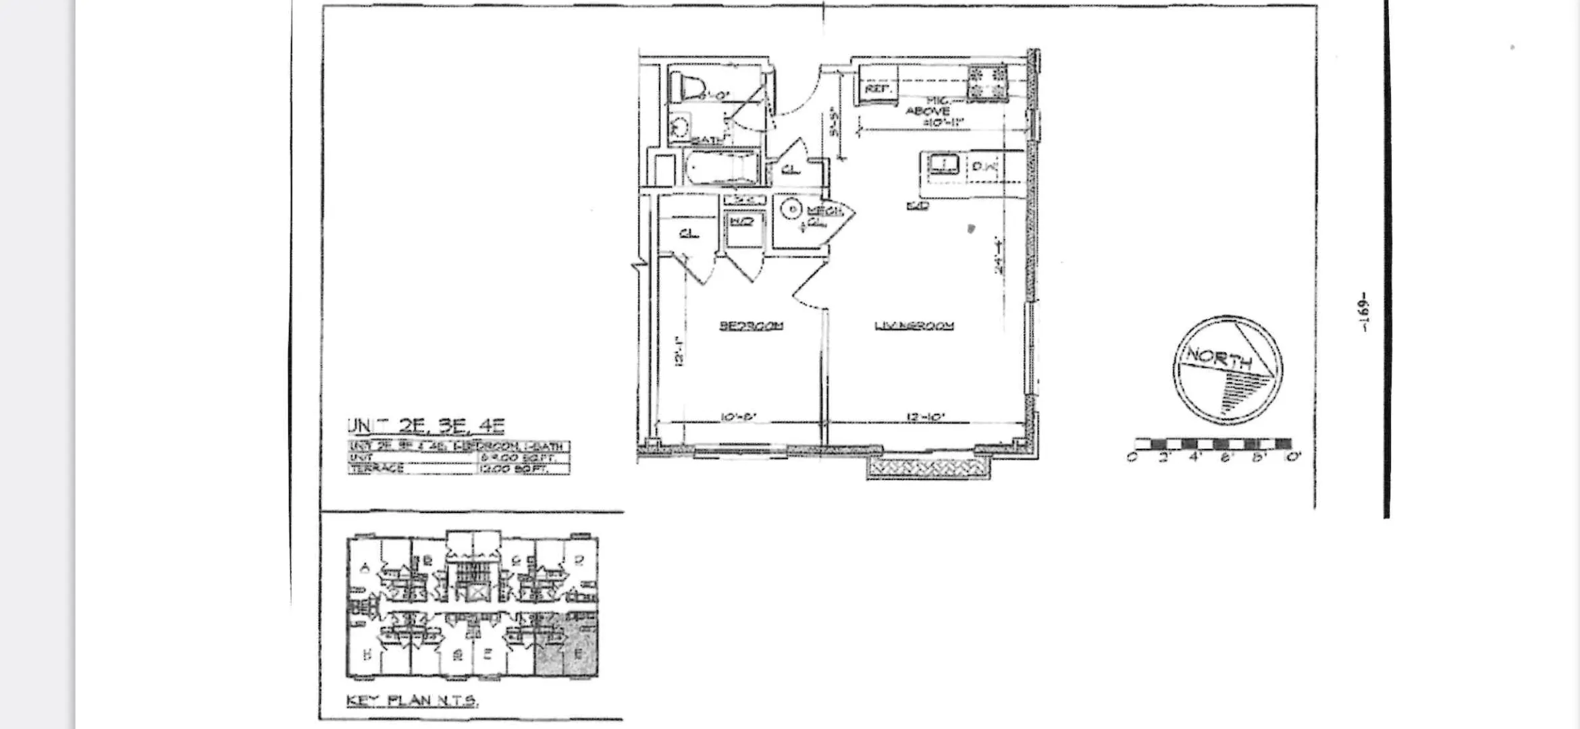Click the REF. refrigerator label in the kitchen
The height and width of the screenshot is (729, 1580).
pos(878,89)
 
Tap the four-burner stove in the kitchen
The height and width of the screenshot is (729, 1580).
pos(986,83)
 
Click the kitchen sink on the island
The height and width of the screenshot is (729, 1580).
pos(943,163)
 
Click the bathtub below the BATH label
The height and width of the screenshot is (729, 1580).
pos(721,167)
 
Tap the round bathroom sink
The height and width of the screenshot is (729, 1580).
pos(681,126)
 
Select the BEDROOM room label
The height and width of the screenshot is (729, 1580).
pos(751,326)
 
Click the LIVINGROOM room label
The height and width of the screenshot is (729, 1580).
pos(914,326)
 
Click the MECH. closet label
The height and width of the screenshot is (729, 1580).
pos(824,211)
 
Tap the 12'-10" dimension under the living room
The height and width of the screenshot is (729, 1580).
pos(924,418)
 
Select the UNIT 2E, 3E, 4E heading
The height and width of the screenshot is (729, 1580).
pos(426,426)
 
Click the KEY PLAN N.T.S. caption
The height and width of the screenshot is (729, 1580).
pos(412,701)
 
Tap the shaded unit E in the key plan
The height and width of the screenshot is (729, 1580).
pos(578,653)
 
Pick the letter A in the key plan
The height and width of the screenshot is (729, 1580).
pos(366,568)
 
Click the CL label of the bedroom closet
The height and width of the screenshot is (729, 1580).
pos(688,234)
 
